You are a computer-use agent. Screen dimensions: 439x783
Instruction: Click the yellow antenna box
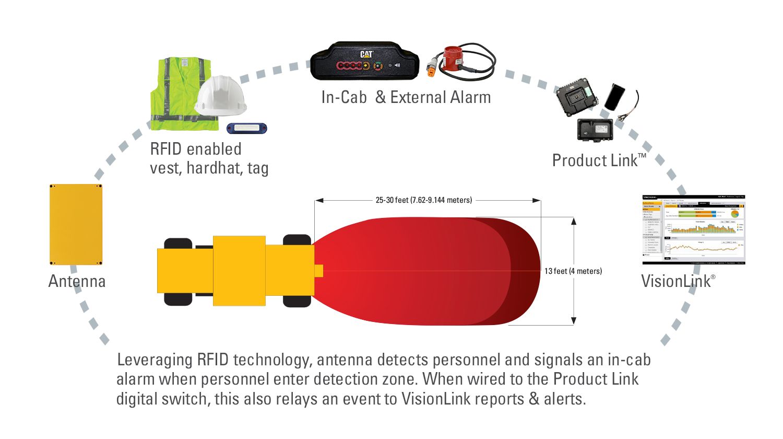(76, 224)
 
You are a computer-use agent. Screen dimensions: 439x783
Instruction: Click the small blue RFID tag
(246, 128)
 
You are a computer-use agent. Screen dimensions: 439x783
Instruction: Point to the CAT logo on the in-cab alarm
(366, 54)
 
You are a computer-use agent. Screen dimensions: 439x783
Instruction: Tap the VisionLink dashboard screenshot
(693, 229)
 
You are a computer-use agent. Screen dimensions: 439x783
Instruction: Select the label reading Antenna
(77, 281)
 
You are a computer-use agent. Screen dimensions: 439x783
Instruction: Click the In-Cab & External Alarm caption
(406, 97)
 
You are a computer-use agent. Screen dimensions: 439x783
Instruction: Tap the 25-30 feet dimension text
(423, 200)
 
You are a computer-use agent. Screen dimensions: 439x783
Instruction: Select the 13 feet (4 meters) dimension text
(573, 271)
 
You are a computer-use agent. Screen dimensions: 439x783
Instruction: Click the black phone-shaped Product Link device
(614, 97)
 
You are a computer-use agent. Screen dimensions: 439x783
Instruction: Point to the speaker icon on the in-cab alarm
(397, 66)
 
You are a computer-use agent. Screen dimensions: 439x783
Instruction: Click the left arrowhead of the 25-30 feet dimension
(319, 200)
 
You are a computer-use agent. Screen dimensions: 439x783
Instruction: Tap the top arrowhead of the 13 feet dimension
(574, 221)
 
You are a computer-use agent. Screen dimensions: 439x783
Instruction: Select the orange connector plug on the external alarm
(432, 71)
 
